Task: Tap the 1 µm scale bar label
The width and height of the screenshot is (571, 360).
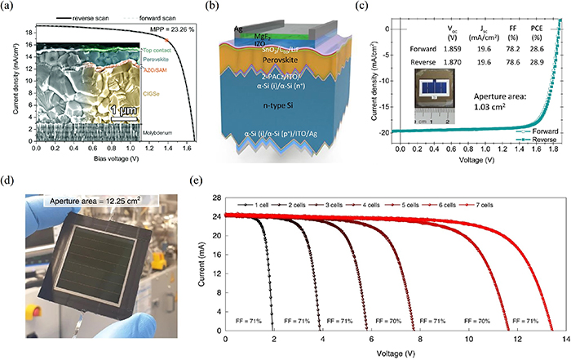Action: [124, 109]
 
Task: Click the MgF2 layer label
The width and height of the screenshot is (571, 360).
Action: [263, 35]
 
